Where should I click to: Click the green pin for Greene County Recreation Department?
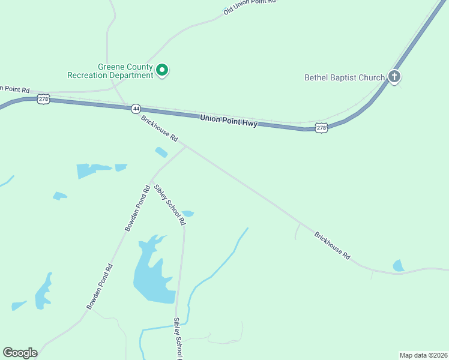pos(161,70)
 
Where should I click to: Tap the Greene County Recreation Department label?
pos(110,71)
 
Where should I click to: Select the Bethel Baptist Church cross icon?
pos(394,76)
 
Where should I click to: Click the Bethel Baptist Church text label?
pos(344,77)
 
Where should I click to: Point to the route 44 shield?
pos(136,108)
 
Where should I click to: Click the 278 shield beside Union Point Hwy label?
pos(322,128)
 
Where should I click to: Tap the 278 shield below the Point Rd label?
pos(43,99)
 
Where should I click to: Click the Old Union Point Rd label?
pos(249,6)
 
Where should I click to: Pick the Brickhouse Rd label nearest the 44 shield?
pos(160,128)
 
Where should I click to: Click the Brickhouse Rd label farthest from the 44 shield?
pos(332,245)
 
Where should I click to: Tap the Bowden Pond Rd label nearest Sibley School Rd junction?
pos(137,209)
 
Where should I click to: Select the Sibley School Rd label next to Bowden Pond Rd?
pos(169,205)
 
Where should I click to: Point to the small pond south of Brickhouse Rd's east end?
pos(399,265)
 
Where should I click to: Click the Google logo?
pos(20,353)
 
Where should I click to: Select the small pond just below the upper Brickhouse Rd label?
pos(161,152)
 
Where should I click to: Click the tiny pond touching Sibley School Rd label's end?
pos(188,214)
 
